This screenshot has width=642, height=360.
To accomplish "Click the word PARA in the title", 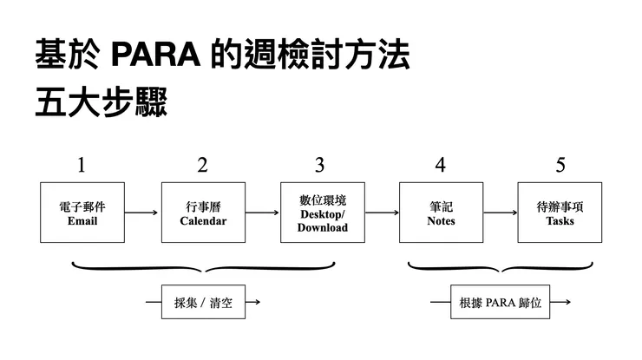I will tap(156, 56).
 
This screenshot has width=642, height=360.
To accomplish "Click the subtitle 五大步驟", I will tap(101, 102).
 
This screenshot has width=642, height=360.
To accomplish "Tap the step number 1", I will tap(82, 165).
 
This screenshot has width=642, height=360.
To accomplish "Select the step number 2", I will tap(202, 165).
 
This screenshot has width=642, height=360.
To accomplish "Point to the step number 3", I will tap(320, 165).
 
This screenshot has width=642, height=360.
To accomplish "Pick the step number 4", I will tap(441, 165).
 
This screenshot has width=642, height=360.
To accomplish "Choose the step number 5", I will tap(560, 165).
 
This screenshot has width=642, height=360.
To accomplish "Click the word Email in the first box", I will tap(82, 221).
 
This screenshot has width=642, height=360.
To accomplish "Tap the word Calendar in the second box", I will tap(203, 221).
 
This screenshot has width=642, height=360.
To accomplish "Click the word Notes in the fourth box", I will tap(441, 221).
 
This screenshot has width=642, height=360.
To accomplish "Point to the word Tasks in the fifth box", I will tap(560, 221).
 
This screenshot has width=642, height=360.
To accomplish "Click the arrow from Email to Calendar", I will tap(142, 213).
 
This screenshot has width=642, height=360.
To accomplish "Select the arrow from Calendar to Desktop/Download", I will tap(262, 213).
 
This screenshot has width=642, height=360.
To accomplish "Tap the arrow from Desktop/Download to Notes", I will tap(381, 213).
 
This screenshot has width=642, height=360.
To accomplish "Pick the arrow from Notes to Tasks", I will tap(501, 213).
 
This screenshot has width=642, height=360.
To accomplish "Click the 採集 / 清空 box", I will tap(203, 303).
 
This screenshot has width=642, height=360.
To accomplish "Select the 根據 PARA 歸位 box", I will tap(501, 303).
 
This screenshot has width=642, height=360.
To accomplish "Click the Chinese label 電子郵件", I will tap(82, 207).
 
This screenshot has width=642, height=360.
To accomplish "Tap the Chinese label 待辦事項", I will tap(560, 207).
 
